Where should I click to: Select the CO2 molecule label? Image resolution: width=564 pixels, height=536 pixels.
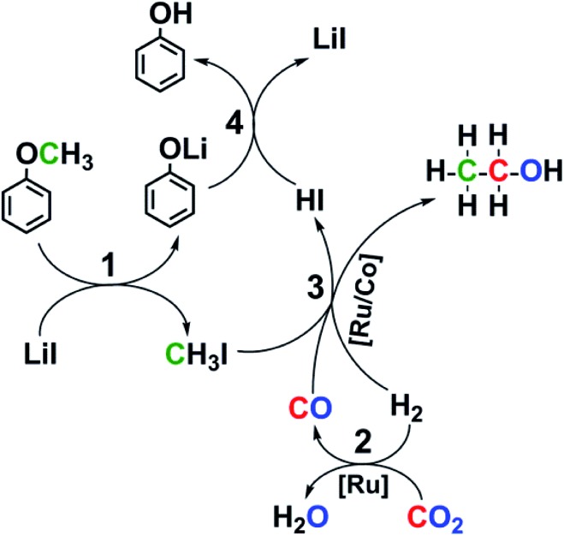click(443, 516)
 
